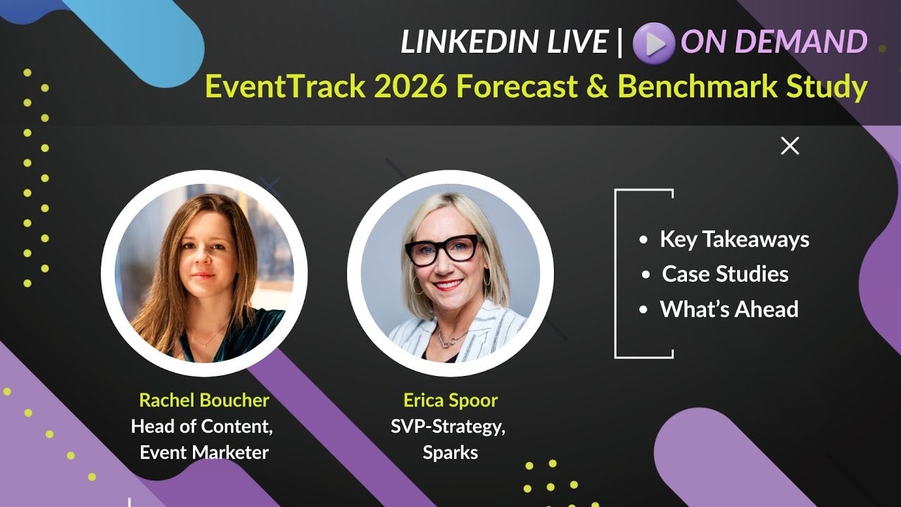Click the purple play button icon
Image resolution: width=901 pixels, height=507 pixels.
coord(654,43)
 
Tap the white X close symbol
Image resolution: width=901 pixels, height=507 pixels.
coord(790,146)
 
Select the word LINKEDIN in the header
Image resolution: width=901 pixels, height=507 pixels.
coord(469,42)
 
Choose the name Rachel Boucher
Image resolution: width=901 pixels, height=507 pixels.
coord(204,400)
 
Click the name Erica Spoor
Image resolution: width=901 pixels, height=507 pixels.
coord(450,400)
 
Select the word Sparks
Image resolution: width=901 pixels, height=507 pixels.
coord(450,453)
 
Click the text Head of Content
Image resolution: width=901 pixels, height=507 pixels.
coord(201,427)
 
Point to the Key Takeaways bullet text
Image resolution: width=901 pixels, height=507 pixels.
coord(734,239)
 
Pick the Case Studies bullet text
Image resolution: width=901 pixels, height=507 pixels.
coord(725,274)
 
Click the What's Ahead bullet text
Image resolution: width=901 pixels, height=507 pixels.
coord(729,309)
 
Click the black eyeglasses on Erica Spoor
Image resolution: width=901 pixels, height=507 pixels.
coord(443,250)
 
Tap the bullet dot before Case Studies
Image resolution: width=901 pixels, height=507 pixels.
coord(646,275)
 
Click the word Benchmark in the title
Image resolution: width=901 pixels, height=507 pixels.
coord(697,86)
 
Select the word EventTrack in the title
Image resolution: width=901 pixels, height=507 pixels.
coord(285,86)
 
